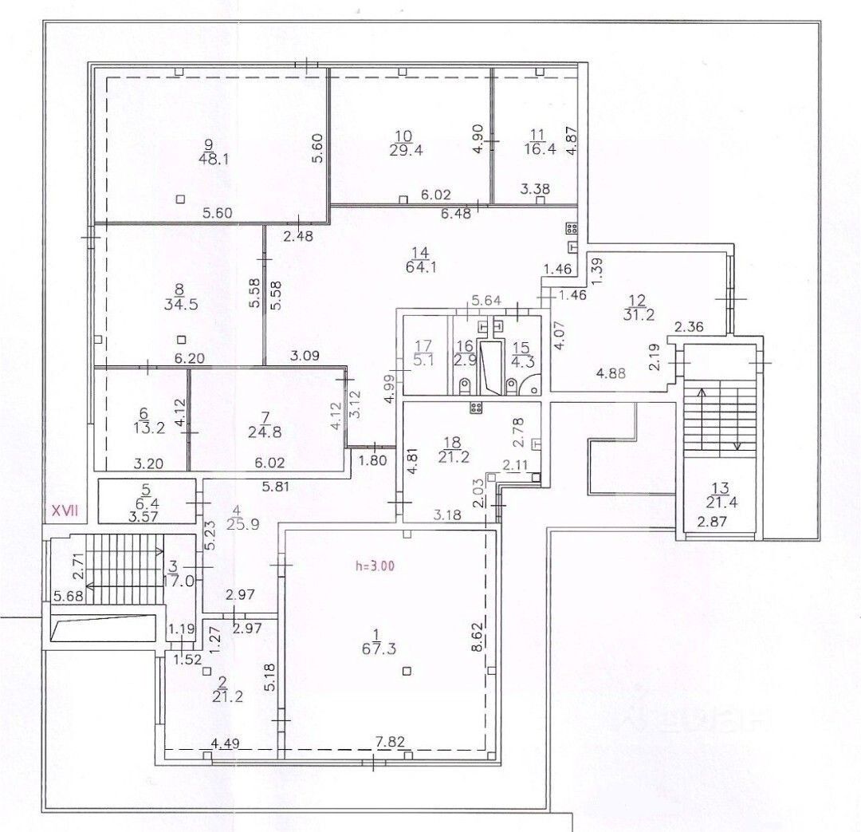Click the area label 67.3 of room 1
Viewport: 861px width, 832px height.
[x=379, y=649]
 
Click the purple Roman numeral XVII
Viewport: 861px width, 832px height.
[x=65, y=511]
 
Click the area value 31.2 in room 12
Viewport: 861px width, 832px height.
[x=639, y=314]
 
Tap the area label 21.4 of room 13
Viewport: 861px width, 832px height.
[x=719, y=501]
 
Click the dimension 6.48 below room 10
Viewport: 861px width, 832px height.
[x=456, y=213]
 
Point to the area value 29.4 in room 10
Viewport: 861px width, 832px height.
[x=407, y=150]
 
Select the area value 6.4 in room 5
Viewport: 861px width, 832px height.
[x=145, y=503]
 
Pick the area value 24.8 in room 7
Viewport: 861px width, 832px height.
[x=265, y=432]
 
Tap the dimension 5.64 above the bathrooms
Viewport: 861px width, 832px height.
[x=486, y=300]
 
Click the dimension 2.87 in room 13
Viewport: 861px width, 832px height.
[x=712, y=522]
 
